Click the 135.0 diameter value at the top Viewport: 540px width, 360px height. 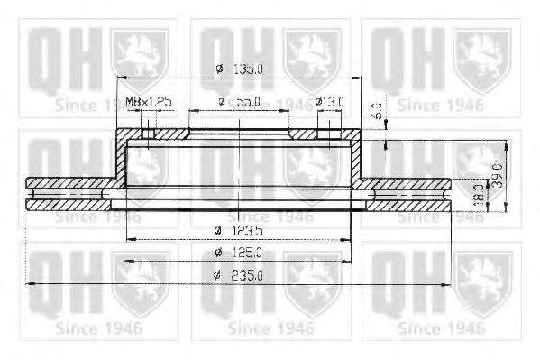(x=248, y=68)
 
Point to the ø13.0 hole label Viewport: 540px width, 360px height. (x=329, y=102)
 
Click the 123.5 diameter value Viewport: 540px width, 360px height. (x=244, y=230)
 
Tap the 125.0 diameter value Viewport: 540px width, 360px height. (x=246, y=254)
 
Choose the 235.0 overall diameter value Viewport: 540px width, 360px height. (x=246, y=276)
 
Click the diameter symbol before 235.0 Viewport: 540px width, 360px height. (x=216, y=276)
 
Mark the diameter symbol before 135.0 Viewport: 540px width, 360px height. (x=219, y=68)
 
